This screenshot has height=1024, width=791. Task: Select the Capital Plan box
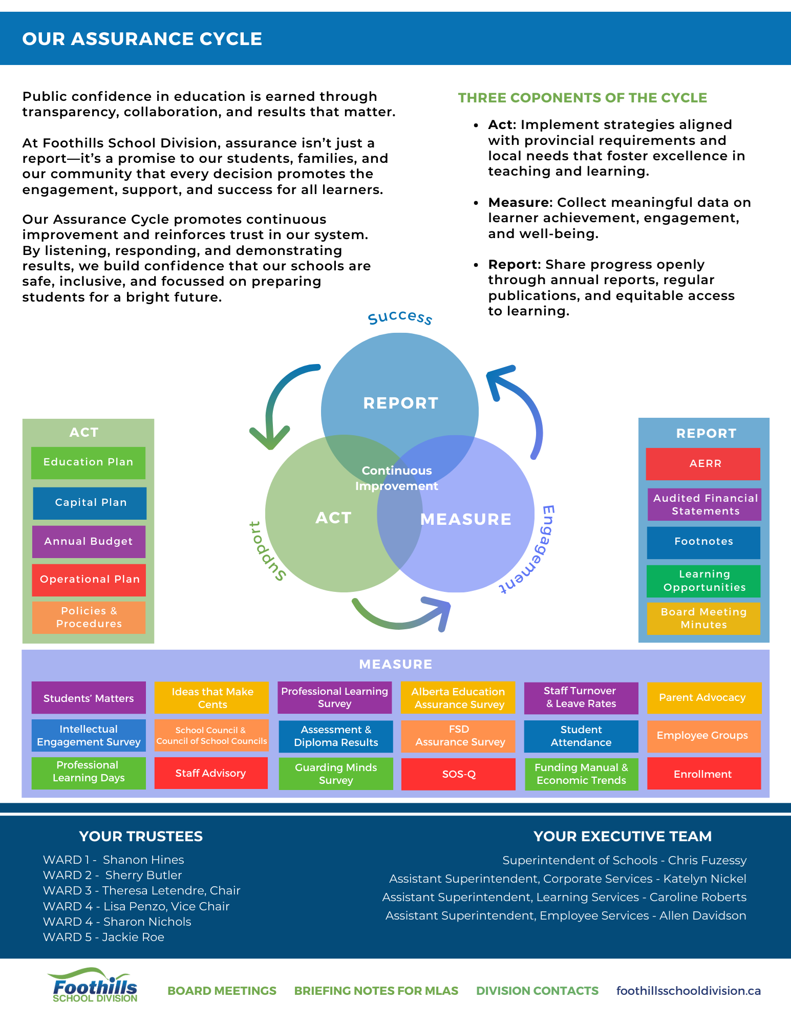coord(90,503)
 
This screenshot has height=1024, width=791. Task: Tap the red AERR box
coord(703,464)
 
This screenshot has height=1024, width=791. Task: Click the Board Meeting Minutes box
coord(703,618)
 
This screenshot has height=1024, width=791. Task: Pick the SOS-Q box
coord(458,774)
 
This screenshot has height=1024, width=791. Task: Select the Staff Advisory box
coord(211,773)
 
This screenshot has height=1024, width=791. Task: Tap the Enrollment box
coord(703,774)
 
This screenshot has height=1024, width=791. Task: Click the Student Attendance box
coord(581,736)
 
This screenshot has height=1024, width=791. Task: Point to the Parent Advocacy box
coord(703,697)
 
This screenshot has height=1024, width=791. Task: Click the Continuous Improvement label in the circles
coord(397,478)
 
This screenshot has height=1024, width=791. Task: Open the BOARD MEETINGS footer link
coord(222,991)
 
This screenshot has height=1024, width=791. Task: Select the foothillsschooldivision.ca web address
coord(688,991)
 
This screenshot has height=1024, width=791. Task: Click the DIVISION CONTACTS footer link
coord(537,991)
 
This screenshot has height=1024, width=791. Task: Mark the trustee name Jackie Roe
coord(133,937)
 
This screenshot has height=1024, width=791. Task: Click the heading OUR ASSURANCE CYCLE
coord(142,39)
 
